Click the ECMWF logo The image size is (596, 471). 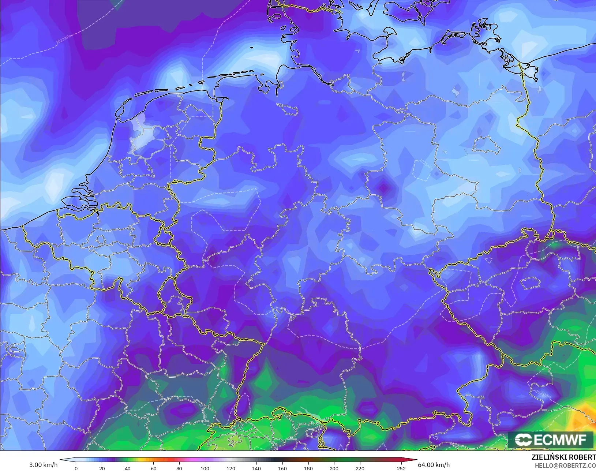click(550, 440)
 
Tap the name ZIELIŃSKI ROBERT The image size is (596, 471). click(563, 457)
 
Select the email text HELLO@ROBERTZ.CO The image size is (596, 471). click(565, 466)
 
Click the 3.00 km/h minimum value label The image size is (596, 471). click(43, 465)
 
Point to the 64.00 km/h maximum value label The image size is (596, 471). click(434, 465)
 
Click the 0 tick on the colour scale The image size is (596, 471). click(76, 468)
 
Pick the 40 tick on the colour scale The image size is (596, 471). click(127, 468)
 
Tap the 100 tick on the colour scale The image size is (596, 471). click(205, 468)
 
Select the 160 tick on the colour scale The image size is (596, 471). click(282, 468)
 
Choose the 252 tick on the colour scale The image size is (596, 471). click(401, 468)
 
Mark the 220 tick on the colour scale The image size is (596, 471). click(360, 468)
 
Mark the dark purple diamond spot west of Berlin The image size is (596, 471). click(383, 187)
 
